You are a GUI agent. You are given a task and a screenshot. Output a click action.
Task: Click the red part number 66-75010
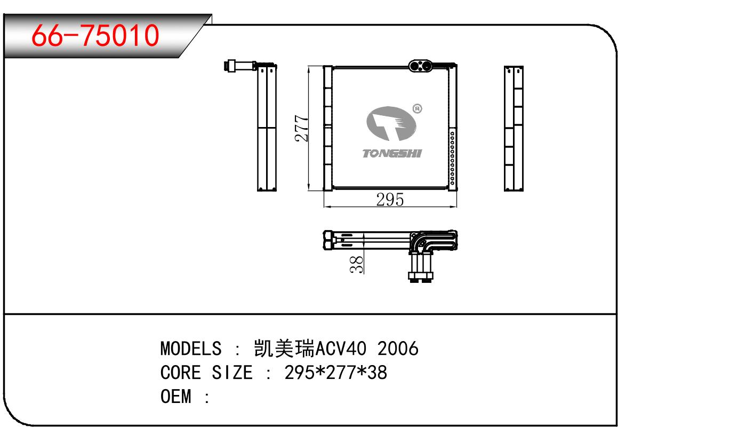(x=95, y=35)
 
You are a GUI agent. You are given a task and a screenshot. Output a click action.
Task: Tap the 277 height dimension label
(x=302, y=128)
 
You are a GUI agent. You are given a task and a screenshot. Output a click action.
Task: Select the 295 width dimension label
(x=390, y=200)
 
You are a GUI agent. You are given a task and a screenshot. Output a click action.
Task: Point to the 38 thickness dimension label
(x=357, y=264)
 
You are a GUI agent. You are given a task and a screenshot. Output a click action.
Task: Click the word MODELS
(x=191, y=349)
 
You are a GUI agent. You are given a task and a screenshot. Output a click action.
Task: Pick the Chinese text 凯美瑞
(x=284, y=349)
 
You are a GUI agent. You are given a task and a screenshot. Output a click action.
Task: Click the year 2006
(x=398, y=349)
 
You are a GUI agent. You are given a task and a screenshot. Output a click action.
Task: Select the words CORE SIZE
(x=206, y=373)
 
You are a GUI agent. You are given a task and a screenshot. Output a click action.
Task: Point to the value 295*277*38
(x=336, y=373)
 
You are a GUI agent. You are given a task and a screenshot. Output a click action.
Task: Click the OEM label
(x=176, y=397)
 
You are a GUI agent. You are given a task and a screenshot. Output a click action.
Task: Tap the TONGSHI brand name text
(x=392, y=153)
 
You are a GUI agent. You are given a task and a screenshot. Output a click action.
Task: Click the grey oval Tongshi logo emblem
(x=391, y=123)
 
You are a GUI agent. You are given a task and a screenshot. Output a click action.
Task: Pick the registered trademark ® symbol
(x=417, y=109)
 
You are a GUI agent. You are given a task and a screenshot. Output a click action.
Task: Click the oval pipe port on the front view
(x=420, y=66)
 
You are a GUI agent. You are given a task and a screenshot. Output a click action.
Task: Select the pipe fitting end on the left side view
(x=230, y=65)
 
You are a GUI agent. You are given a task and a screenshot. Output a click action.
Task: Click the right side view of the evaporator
(x=514, y=129)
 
